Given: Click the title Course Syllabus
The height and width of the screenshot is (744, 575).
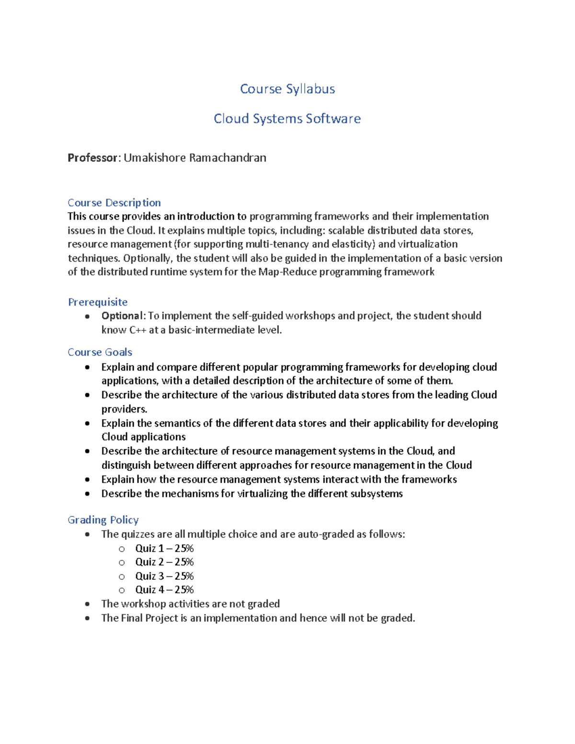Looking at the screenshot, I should click(x=287, y=89).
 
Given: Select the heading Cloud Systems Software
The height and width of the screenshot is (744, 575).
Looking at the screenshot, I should click(x=287, y=119).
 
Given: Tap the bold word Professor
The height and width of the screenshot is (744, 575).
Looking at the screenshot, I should click(x=92, y=158).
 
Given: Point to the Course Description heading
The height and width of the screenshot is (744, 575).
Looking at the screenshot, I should click(x=114, y=203).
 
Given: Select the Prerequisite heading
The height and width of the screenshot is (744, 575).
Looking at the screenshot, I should click(x=98, y=302).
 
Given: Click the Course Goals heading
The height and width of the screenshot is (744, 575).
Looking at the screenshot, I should click(x=100, y=352).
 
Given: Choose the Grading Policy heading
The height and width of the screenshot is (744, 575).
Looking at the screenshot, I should click(x=103, y=520).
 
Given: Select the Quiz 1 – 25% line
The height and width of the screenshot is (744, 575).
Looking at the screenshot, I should click(x=164, y=548).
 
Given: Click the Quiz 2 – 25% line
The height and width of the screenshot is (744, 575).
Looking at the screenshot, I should click(x=164, y=562).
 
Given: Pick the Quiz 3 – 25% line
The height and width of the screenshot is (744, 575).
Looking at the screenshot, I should click(x=164, y=576).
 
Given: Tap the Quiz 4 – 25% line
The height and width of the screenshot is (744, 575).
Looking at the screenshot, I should click(x=164, y=590).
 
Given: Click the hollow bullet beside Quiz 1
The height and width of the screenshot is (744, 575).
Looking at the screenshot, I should click(x=122, y=549).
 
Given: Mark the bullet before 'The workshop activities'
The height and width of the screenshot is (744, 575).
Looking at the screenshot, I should click(x=87, y=605).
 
